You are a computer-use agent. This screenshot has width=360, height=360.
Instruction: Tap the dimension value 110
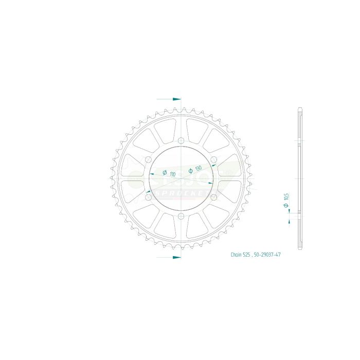click(172, 174)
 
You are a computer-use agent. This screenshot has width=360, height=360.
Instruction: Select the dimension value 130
click(197, 168)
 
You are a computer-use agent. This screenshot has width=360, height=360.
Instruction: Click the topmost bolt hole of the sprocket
click(181, 141)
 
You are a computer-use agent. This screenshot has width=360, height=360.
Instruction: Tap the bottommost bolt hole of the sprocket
click(181, 215)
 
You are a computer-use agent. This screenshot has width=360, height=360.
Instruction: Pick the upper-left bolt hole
click(149, 160)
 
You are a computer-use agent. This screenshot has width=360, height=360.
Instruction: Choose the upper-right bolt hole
click(213, 160)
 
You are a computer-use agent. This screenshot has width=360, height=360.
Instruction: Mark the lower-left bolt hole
click(149, 197)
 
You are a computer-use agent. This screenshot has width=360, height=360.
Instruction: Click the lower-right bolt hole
click(213, 197)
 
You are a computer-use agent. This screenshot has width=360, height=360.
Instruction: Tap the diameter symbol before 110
click(164, 172)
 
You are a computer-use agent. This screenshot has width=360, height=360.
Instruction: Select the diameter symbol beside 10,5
click(286, 205)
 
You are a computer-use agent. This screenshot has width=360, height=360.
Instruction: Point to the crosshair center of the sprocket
click(181, 178)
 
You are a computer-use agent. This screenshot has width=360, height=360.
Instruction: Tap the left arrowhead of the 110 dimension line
click(152, 176)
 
